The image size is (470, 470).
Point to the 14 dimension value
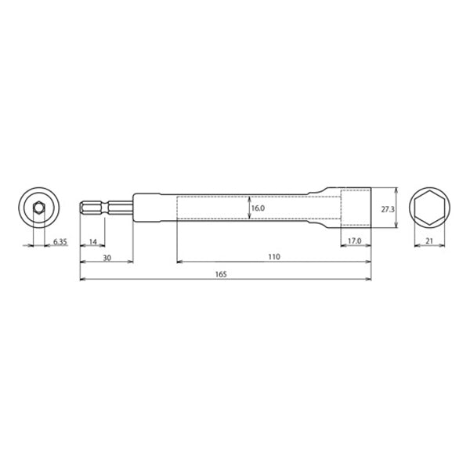click(92, 242)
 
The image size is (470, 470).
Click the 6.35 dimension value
click(60, 243)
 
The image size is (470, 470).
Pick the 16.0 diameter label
click(259, 209)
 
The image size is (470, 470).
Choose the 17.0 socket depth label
click(354, 242)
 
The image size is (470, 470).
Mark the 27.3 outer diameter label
click(385, 209)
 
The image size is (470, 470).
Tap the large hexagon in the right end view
click(428, 209)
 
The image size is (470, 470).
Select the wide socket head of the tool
click(356, 209)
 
